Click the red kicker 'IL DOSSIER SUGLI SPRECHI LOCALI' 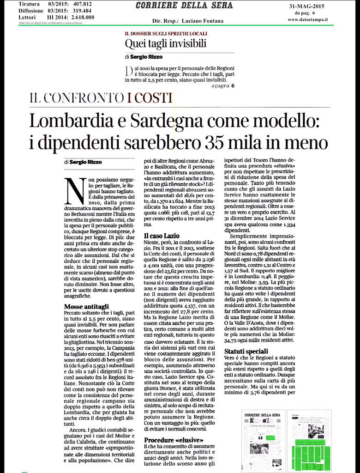166,34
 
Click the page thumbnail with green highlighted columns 309,441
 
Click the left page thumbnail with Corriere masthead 262,441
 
